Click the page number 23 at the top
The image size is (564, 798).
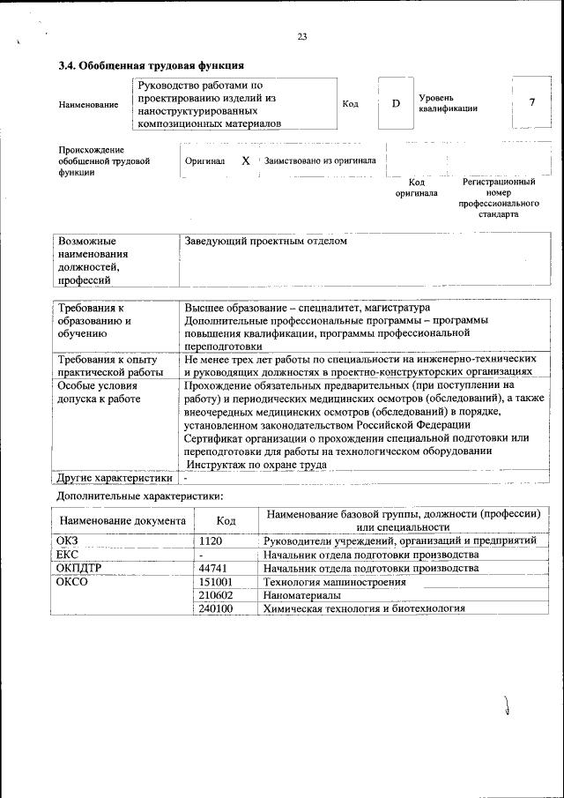pyautogui.click(x=302, y=36)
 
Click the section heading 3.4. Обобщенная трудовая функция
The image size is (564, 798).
pyautogui.click(x=151, y=65)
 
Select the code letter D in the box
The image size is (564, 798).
pyautogui.click(x=396, y=104)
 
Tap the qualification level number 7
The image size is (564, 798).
pyautogui.click(x=531, y=102)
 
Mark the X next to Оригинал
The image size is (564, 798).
pyautogui.click(x=246, y=161)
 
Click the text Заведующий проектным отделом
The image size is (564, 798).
pyautogui.click(x=266, y=241)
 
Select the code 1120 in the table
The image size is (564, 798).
pyautogui.click(x=211, y=540)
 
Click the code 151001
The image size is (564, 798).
pyautogui.click(x=216, y=582)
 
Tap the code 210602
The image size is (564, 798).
pyautogui.click(x=216, y=595)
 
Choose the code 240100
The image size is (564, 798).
pyautogui.click(x=216, y=608)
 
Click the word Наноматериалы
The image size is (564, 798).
pyautogui.click(x=302, y=595)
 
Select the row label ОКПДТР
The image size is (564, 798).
pyautogui.click(x=80, y=568)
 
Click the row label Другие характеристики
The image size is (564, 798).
pyautogui.click(x=115, y=478)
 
